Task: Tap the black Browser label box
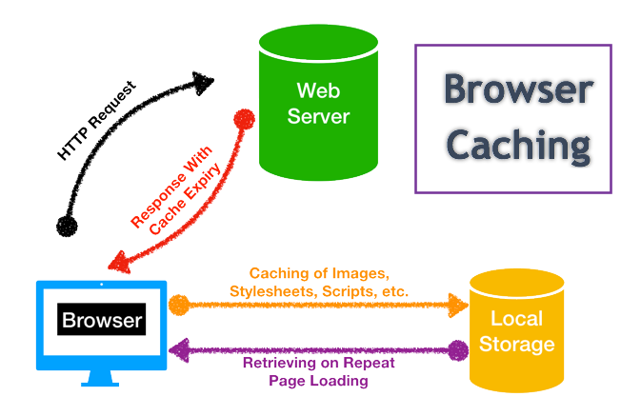102,320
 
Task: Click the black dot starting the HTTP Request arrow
66,226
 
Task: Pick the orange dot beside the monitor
178,307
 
